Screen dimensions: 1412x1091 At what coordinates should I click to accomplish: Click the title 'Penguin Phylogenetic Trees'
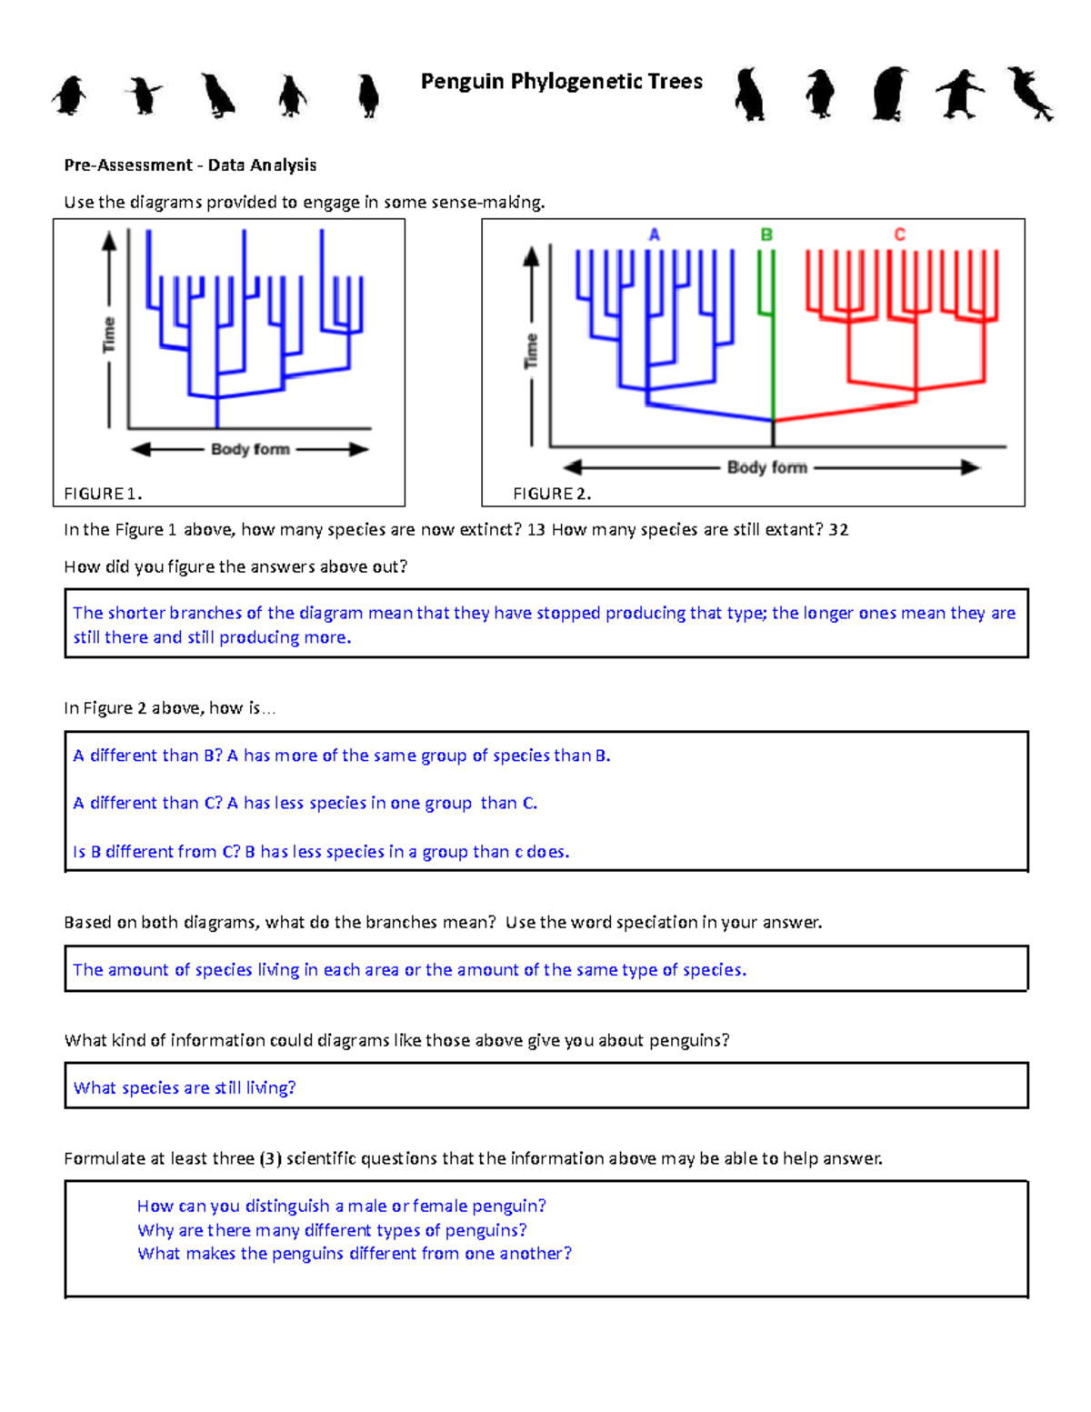[561, 82]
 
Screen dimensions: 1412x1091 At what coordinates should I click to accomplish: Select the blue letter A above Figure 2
[654, 235]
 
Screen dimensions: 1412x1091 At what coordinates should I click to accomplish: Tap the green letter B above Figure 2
[766, 235]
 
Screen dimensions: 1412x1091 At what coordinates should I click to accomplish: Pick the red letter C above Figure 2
[899, 235]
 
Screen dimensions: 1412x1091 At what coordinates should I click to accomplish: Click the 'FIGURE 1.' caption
[103, 494]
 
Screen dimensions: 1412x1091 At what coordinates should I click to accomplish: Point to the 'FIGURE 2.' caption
[552, 494]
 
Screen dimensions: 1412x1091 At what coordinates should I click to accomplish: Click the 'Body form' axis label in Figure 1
[250, 449]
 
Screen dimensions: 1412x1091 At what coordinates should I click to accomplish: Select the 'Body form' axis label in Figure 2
[766, 467]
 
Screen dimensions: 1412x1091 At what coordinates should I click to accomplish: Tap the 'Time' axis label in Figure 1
[109, 335]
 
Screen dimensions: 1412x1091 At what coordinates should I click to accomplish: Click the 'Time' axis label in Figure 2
[531, 351]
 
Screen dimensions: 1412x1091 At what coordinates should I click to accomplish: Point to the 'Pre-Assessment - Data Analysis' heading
[190, 165]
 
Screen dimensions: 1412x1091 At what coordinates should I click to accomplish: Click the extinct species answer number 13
[535, 530]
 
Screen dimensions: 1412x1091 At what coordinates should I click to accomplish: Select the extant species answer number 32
[838, 530]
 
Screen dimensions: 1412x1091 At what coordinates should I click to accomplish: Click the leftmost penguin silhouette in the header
[70, 95]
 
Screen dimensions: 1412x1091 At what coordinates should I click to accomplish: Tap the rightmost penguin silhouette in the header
[1030, 93]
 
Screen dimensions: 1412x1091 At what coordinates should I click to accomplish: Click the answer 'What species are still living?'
[185, 1087]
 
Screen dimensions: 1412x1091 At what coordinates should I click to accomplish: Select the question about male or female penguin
[341, 1206]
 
